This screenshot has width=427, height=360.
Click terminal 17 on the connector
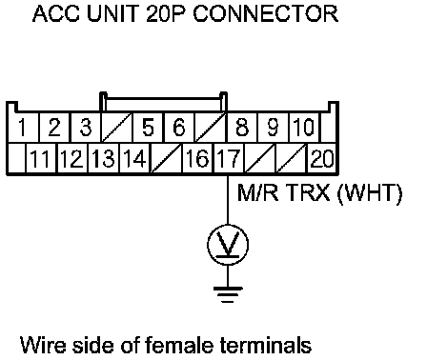pos(229,158)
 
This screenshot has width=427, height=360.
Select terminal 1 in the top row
pos(22,128)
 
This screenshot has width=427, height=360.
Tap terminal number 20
pos(322,158)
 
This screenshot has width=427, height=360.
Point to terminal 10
pos(304,128)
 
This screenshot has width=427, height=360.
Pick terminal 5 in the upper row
pos(148,128)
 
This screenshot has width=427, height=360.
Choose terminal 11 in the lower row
pos(41,158)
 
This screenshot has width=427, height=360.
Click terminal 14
pos(134,158)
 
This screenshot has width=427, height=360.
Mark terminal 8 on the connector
pos(242,128)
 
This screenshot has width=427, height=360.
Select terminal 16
pos(197,158)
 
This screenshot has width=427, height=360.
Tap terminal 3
pos(86,128)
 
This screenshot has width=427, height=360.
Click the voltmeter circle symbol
pos(228,245)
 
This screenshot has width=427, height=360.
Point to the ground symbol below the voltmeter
pos(228,294)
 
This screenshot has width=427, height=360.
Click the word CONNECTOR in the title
pos(266,13)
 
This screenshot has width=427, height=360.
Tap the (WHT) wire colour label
pos(370,192)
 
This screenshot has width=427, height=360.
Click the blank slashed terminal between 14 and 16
pos(166,158)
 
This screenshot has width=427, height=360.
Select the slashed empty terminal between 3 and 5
pos(116,128)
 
